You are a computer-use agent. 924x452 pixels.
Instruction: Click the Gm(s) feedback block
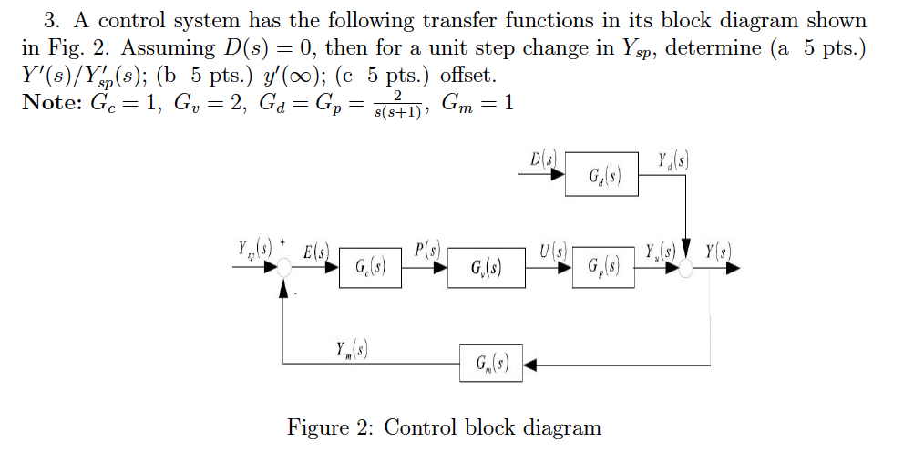(492, 366)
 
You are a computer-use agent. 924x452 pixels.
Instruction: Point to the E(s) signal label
(316, 250)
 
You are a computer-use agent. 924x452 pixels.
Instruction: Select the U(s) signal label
(552, 250)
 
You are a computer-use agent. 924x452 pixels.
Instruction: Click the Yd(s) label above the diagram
(672, 160)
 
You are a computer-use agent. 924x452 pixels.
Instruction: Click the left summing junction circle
(284, 268)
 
